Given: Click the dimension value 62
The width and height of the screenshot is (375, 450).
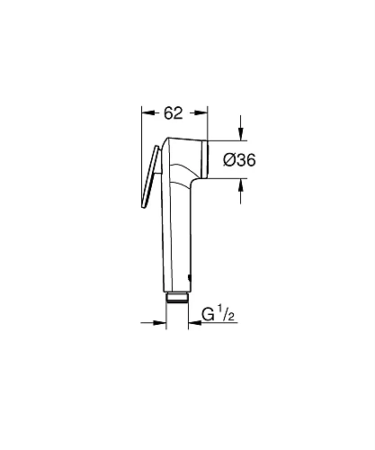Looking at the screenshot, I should click(x=174, y=113).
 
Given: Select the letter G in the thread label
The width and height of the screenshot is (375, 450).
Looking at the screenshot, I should click(x=209, y=316).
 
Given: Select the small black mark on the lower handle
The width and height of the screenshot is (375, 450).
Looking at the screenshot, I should click(x=190, y=273).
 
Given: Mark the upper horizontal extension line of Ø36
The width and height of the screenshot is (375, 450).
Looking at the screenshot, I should click(x=229, y=141).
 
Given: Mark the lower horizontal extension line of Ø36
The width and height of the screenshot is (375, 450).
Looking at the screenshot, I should click(x=229, y=178).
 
